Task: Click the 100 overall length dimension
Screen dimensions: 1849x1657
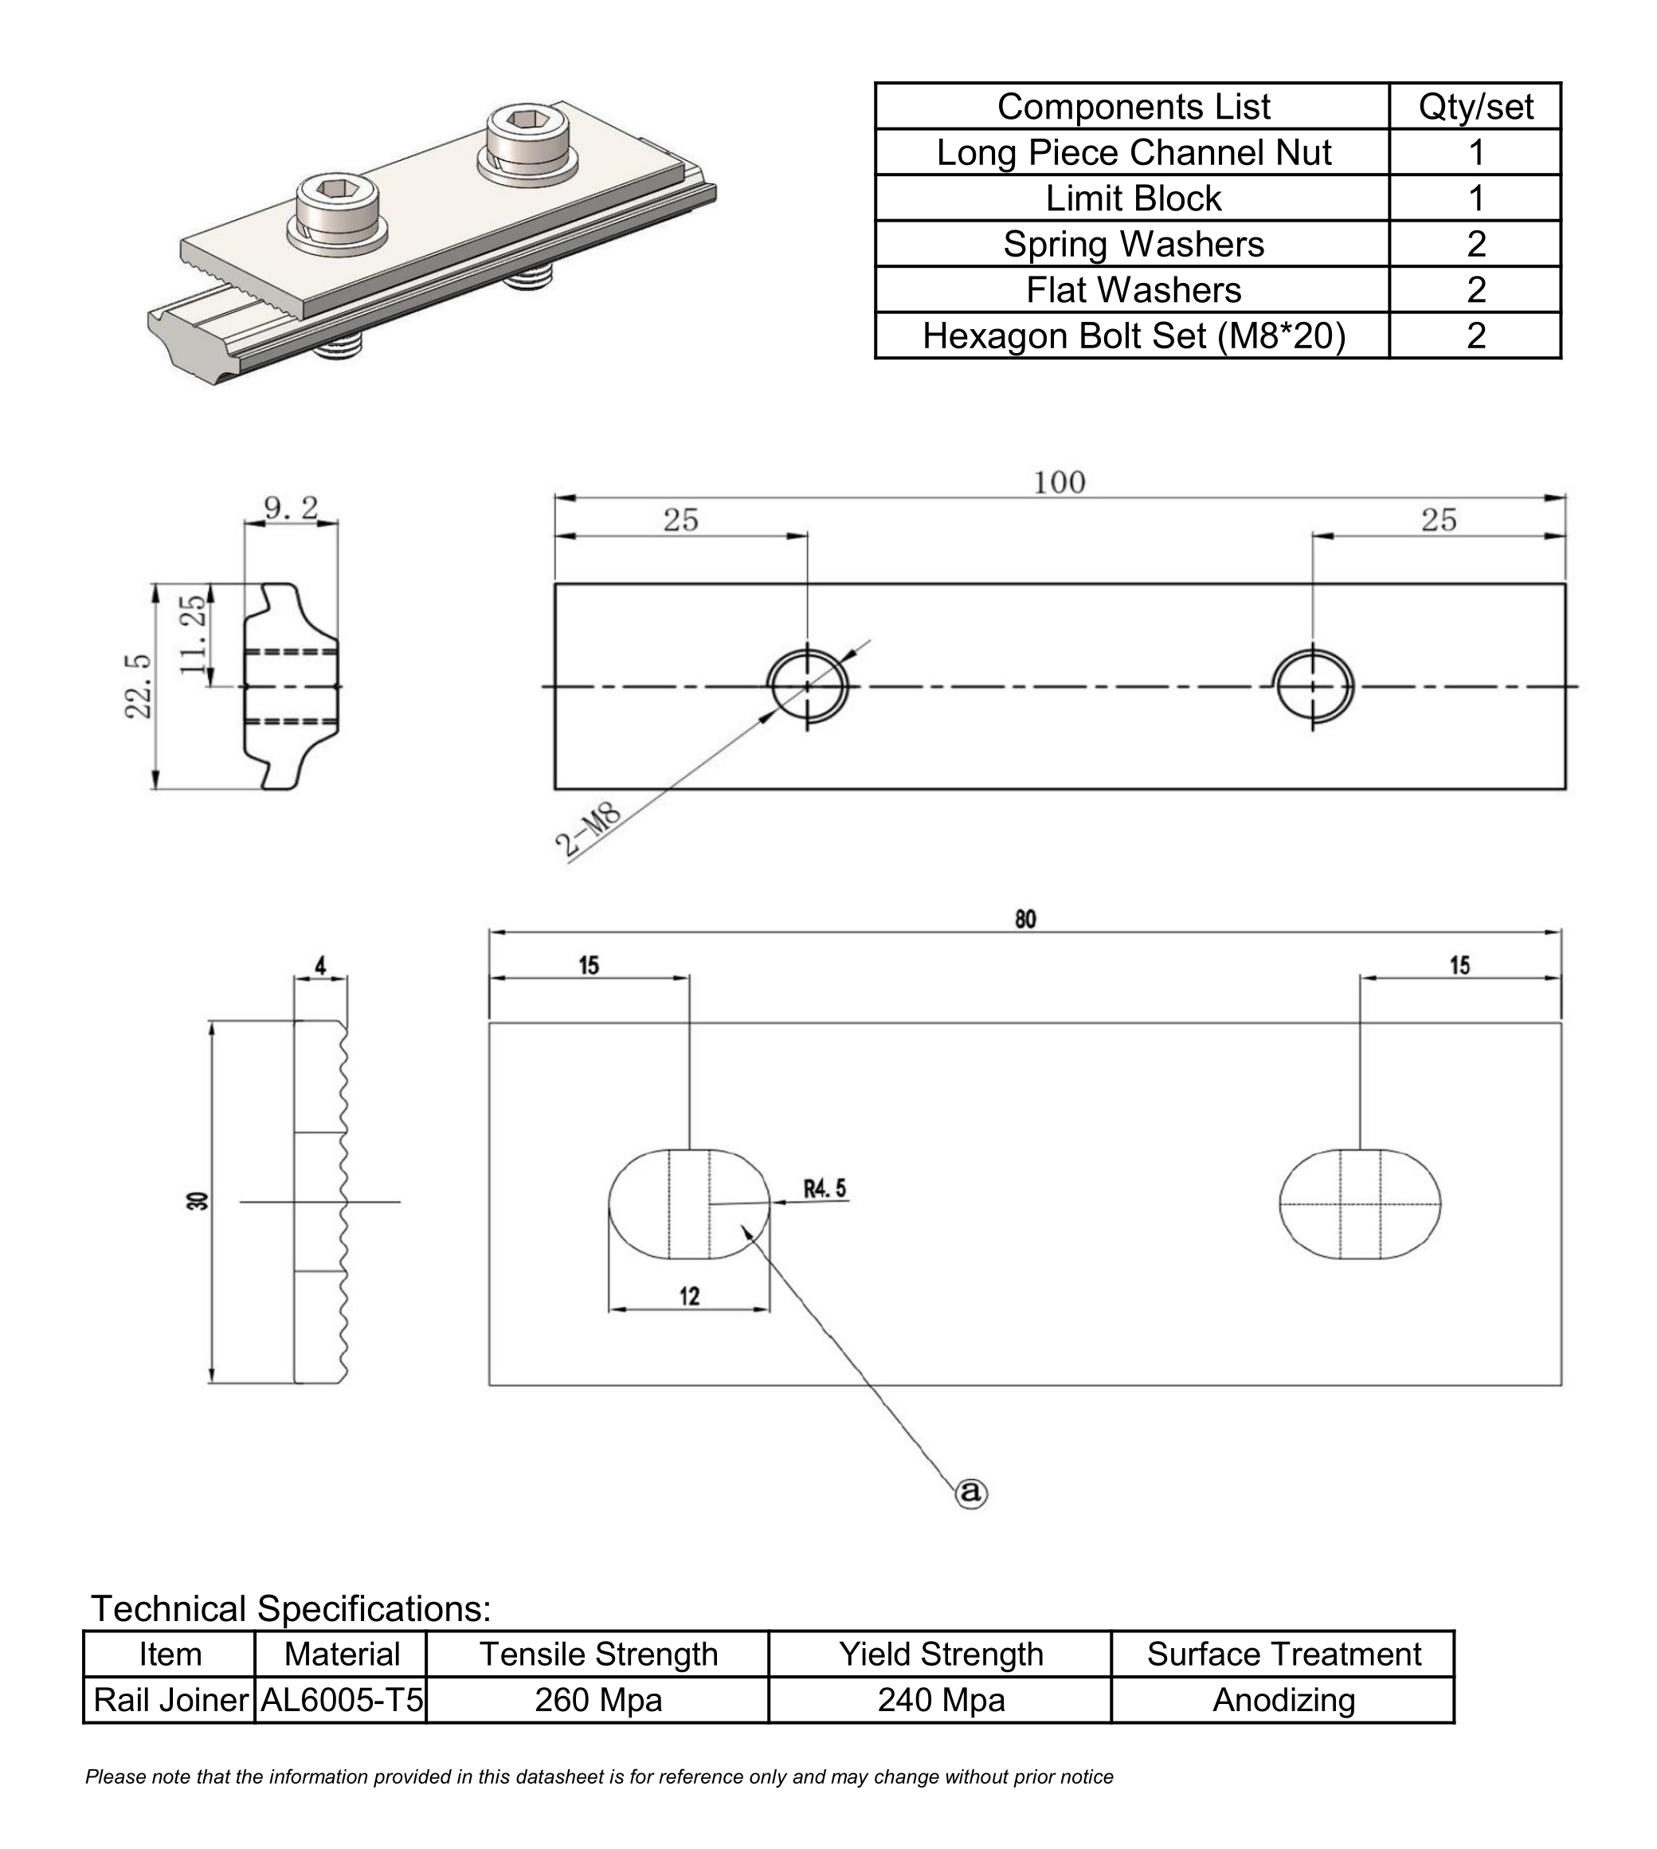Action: click(x=1059, y=482)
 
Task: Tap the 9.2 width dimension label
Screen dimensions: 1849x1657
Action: click(x=292, y=508)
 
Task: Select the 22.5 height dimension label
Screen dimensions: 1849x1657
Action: click(x=139, y=686)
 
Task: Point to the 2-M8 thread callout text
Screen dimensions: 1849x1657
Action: click(x=588, y=829)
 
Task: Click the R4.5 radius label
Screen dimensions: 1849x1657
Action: click(x=824, y=1188)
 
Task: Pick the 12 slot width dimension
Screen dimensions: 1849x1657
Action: click(x=689, y=1295)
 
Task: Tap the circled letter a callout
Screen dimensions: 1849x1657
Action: click(x=970, y=1492)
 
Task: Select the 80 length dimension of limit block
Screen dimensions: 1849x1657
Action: click(x=1025, y=919)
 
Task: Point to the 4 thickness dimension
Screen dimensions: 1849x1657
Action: click(x=320, y=965)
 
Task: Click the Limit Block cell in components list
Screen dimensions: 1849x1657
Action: click(x=1133, y=198)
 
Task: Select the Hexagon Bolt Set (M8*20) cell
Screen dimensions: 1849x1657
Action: click(x=1133, y=336)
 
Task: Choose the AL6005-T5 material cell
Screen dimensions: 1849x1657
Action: click(x=342, y=1700)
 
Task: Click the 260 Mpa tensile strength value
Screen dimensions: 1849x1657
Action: click(x=598, y=1700)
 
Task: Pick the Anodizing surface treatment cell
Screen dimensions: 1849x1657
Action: click(x=1283, y=1700)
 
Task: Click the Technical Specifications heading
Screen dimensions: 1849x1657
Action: click(x=291, y=1608)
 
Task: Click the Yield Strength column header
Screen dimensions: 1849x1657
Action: click(x=941, y=1654)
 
